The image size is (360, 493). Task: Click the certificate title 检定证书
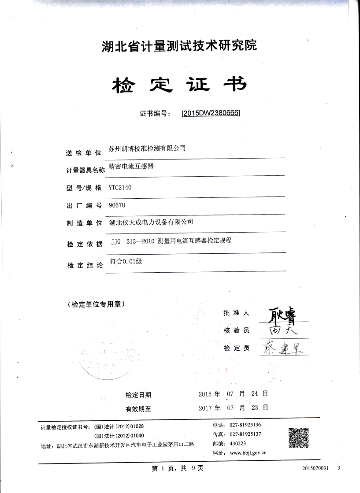(178, 83)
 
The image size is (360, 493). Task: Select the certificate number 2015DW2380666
(211, 113)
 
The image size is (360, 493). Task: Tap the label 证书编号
(154, 113)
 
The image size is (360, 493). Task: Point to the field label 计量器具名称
(85, 170)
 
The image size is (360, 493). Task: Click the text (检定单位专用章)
(96, 304)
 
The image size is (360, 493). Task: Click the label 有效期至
(138, 408)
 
